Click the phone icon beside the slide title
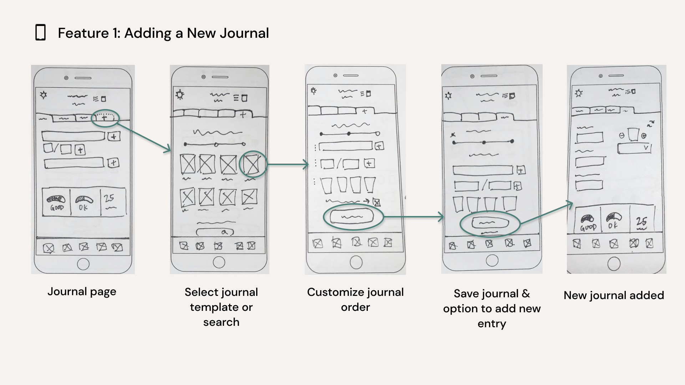pos(41,32)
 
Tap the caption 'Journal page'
pos(82,292)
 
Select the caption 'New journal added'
pos(614,295)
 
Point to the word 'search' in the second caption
pos(221,322)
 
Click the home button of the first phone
pos(83,264)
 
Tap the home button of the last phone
pos(614,264)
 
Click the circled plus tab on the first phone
pos(105,118)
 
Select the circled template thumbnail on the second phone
pos(253,164)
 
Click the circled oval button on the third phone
pos(352,217)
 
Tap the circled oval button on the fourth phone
pos(490,223)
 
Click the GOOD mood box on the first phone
pos(57,202)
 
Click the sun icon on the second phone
pos(180,95)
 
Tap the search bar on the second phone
pos(215,232)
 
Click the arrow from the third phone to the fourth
pos(414,216)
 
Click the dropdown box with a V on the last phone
pos(634,148)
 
